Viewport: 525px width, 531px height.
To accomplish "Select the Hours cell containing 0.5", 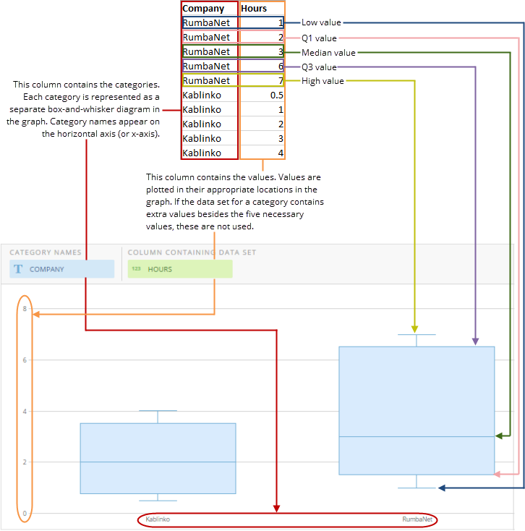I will pyautogui.click(x=262, y=95).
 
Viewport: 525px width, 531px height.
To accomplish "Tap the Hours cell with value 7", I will pyautogui.click(x=262, y=80).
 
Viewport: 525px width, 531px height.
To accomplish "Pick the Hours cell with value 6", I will pyautogui.click(x=262, y=66).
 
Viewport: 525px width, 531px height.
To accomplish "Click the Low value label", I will pyautogui.click(x=321, y=22).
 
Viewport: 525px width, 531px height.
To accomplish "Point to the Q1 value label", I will pyautogui.click(x=320, y=37).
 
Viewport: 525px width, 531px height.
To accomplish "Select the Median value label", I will pyautogui.click(x=328, y=52).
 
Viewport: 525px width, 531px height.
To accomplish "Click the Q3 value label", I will pyautogui.click(x=320, y=67).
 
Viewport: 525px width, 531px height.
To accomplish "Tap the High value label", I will pyautogui.click(x=323, y=81).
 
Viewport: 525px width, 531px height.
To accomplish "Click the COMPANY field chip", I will pyautogui.click(x=61, y=269).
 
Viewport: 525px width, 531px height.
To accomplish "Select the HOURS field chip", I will pyautogui.click(x=180, y=269).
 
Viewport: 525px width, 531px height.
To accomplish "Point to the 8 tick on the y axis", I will pyautogui.click(x=25, y=308).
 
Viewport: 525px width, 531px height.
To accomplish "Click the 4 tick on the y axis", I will pyautogui.click(x=25, y=411).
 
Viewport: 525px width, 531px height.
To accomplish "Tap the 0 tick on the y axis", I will pyautogui.click(x=25, y=514).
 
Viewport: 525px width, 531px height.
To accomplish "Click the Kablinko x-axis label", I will pyautogui.click(x=158, y=519).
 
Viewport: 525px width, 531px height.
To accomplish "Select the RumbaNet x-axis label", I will pyautogui.click(x=416, y=519).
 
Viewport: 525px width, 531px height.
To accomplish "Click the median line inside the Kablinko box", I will pyautogui.click(x=158, y=462).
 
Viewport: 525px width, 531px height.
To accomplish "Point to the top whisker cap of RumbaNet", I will pyautogui.click(x=417, y=334).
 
